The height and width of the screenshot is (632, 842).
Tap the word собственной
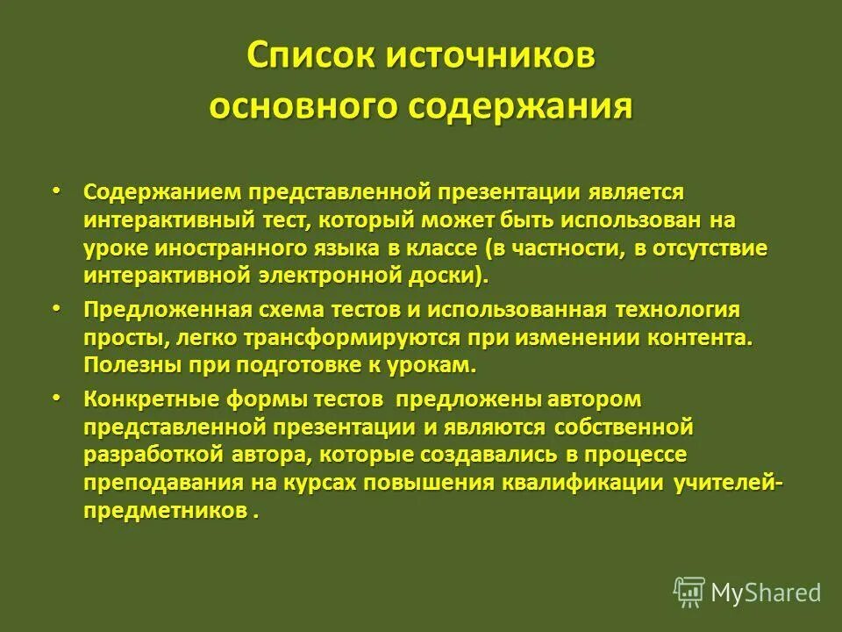624,427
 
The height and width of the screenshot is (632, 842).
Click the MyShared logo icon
690,592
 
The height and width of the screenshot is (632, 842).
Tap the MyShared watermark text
766,593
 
